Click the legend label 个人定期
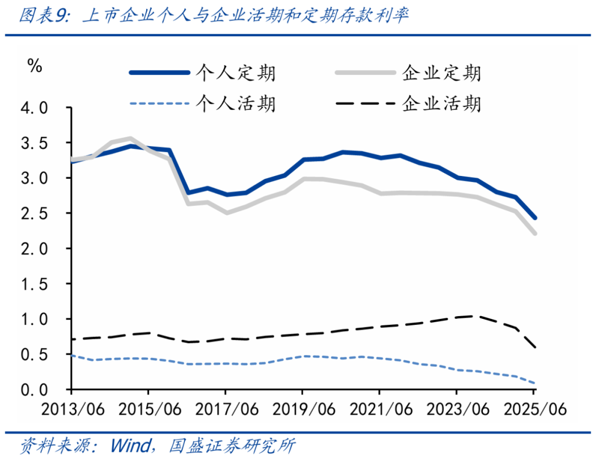(x=236, y=73)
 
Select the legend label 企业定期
(x=441, y=73)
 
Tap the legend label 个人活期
(x=236, y=103)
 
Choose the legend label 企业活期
(x=441, y=103)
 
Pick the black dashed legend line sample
(x=364, y=103)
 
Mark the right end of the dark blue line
(x=535, y=218)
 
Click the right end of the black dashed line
(x=535, y=348)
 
